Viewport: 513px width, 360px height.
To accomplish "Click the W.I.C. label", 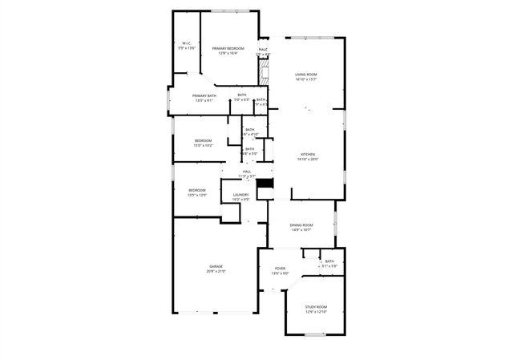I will (x=186, y=43).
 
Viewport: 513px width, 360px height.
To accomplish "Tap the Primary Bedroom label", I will (x=228, y=48).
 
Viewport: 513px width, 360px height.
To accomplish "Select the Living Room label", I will (x=306, y=74).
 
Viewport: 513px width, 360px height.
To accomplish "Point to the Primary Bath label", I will (x=204, y=96).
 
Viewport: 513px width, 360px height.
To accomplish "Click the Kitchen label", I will (x=309, y=154).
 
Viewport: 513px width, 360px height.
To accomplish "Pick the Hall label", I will (x=247, y=172).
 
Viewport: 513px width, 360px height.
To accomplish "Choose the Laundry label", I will (x=240, y=194).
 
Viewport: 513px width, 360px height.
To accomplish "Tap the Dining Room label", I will (x=301, y=225).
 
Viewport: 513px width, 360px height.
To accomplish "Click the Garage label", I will (x=216, y=266).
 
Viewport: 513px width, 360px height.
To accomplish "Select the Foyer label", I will (x=280, y=269).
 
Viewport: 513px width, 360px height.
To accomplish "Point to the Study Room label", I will (x=316, y=306).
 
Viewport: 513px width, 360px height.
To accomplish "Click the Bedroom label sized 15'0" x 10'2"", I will (x=204, y=141).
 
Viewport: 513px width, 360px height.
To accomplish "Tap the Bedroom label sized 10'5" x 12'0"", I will (x=197, y=190).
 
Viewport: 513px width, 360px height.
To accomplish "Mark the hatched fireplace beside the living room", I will (x=262, y=73).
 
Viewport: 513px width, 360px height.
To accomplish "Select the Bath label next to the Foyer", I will (x=329, y=261).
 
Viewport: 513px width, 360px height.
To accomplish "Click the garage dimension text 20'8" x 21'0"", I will (x=216, y=272).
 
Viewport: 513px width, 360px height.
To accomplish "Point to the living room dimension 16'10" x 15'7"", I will (x=306, y=79).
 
